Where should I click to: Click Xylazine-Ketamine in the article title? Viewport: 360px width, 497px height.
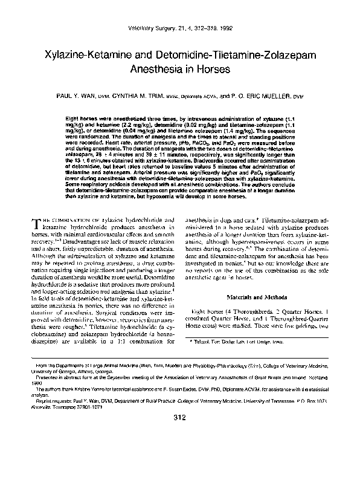click(91, 55)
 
